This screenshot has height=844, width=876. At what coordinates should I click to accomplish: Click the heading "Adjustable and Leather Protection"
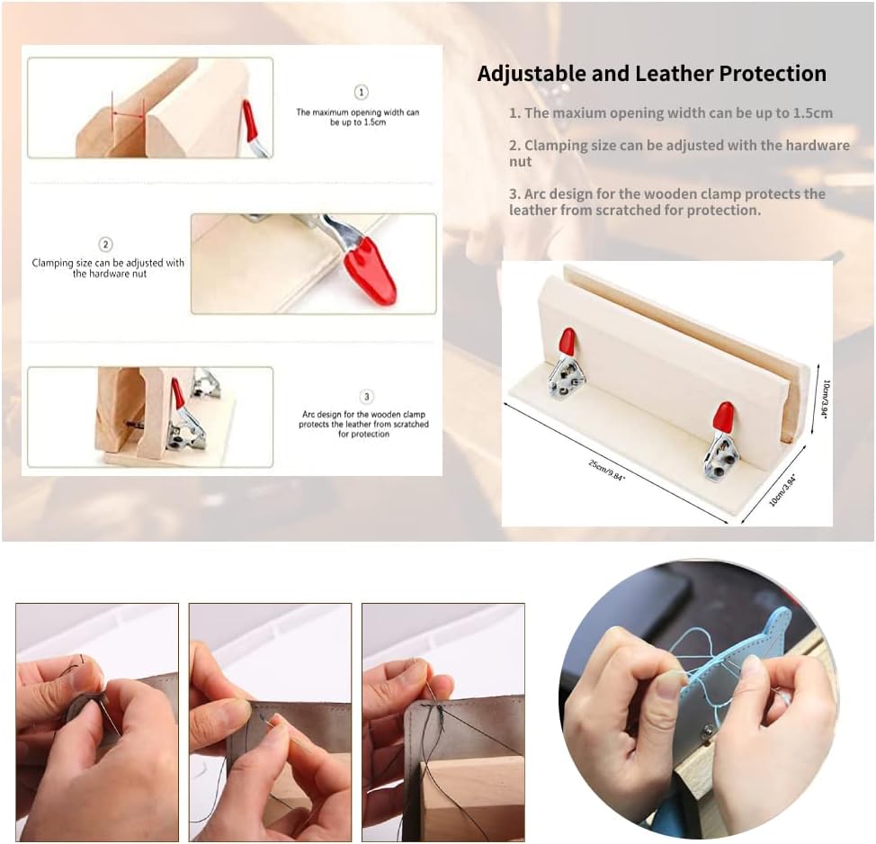(x=651, y=73)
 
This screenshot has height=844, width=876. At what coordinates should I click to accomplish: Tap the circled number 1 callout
(x=362, y=92)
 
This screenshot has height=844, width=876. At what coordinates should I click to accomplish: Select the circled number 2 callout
(x=105, y=244)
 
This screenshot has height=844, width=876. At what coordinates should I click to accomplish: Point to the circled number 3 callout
(x=366, y=397)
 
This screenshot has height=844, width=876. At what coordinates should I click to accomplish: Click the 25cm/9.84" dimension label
(x=607, y=470)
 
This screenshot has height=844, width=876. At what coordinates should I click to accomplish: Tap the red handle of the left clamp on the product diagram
(x=567, y=341)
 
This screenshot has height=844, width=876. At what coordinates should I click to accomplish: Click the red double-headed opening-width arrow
(x=128, y=114)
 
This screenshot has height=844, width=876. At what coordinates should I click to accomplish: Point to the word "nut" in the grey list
(x=520, y=162)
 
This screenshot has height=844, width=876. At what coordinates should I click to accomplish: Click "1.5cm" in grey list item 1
(x=812, y=112)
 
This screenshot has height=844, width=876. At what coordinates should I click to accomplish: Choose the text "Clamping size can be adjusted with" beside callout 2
(x=108, y=263)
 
